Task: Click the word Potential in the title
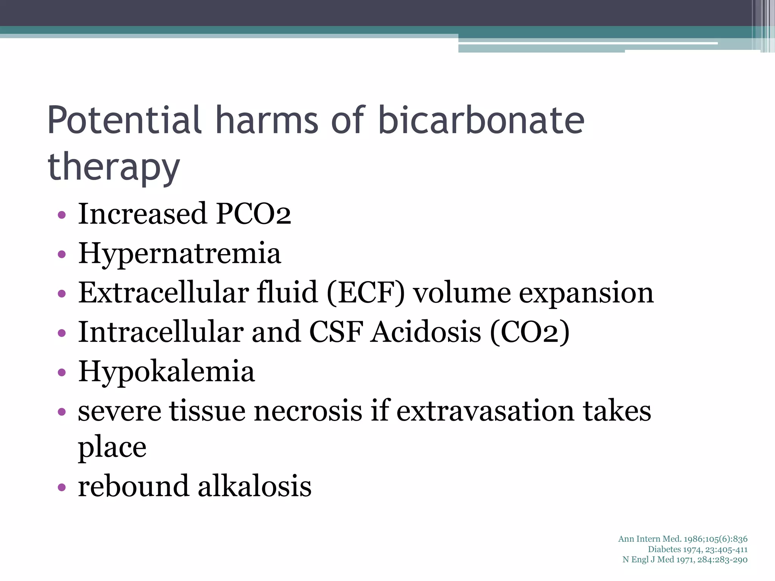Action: (125, 120)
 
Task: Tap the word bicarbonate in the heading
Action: (481, 120)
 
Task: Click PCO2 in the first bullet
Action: (253, 214)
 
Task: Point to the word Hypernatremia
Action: (180, 253)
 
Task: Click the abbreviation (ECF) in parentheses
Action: (366, 293)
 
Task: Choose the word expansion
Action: (586, 294)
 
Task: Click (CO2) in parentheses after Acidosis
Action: (529, 332)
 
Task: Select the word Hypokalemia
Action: (167, 371)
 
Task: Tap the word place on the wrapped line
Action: (112, 448)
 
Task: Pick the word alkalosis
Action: (255, 486)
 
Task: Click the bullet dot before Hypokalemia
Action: (62, 373)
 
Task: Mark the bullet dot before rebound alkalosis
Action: (62, 488)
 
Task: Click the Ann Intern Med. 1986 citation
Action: (683, 539)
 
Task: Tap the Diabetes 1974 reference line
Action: (697, 549)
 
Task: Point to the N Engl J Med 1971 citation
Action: (685, 559)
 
